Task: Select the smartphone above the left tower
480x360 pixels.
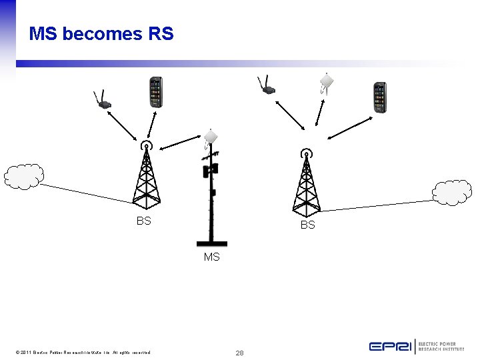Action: coord(155,92)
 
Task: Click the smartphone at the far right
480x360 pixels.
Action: coord(379,98)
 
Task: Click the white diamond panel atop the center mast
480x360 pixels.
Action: coord(211,136)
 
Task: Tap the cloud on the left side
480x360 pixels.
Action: coord(23,177)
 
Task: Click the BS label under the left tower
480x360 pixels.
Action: coord(143,221)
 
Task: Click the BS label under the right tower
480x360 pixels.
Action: coord(307,225)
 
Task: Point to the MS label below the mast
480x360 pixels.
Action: coord(211,257)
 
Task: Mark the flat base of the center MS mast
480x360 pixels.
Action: coord(211,244)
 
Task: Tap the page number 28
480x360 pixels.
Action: coord(239,352)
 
